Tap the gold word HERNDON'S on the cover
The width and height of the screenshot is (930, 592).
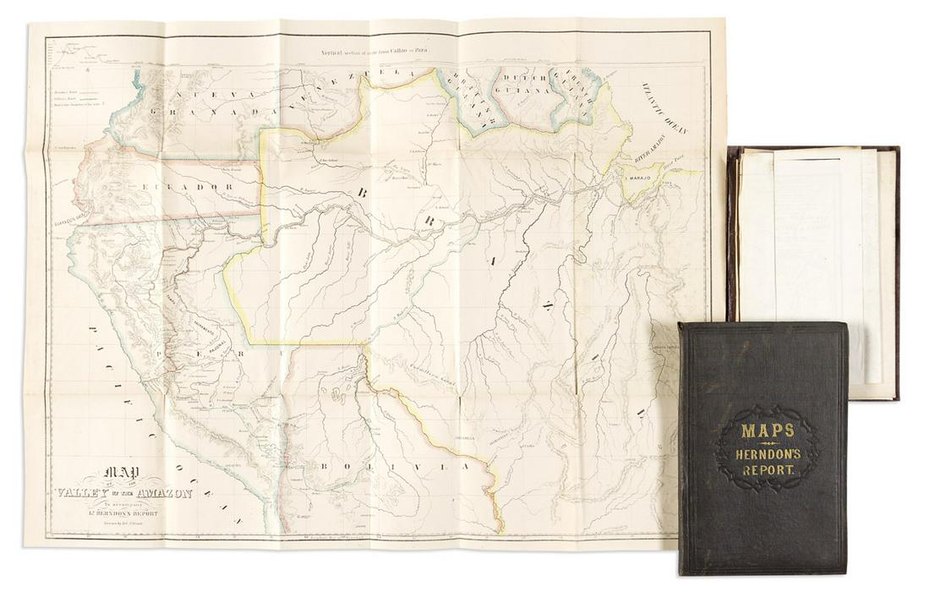767,454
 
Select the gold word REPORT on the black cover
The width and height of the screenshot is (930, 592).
767,473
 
